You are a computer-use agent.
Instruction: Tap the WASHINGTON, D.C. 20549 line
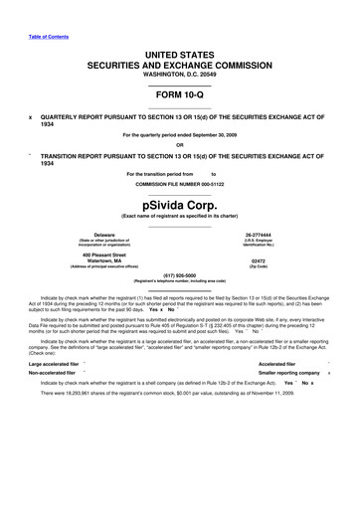tap(179, 73)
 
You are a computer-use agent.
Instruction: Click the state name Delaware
tap(104, 236)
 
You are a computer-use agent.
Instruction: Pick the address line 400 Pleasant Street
tap(104, 254)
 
